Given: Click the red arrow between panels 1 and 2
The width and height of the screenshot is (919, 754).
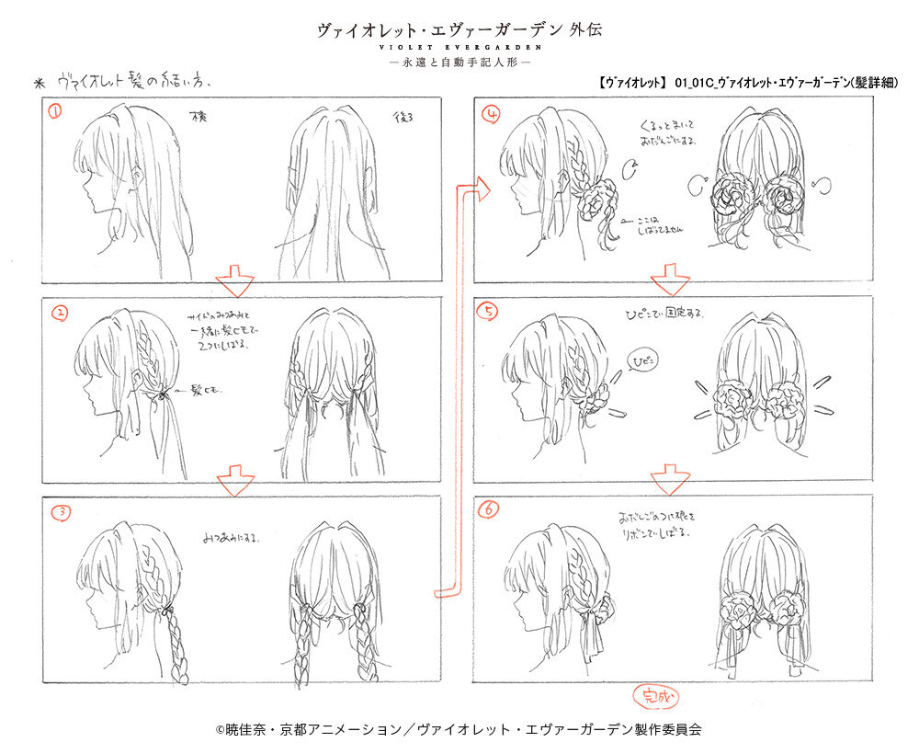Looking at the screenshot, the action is tap(236, 280).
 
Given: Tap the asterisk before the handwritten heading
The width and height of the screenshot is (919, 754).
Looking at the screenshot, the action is tap(39, 82).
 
